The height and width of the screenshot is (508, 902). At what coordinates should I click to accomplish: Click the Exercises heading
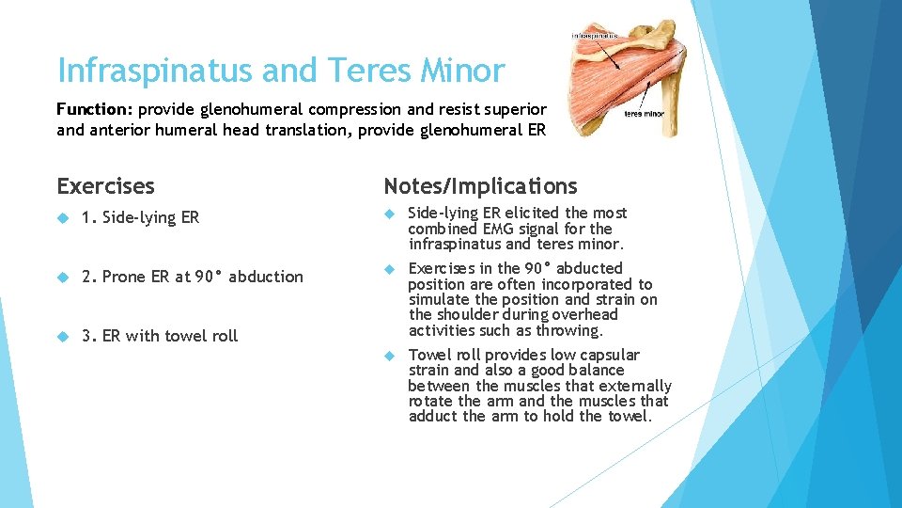pyautogui.click(x=105, y=186)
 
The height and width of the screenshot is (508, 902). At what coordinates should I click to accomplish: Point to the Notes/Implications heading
pyautogui.click(x=480, y=186)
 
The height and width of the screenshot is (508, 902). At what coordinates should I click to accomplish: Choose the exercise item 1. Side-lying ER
pyautogui.click(x=140, y=217)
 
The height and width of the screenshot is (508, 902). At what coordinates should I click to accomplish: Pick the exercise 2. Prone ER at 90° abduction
pyautogui.click(x=192, y=277)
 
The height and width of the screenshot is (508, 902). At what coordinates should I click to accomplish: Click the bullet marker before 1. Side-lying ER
pyautogui.click(x=62, y=217)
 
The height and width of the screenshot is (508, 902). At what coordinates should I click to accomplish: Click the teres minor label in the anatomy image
pyautogui.click(x=645, y=114)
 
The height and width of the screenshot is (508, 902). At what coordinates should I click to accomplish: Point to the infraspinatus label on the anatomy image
pyautogui.click(x=595, y=36)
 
